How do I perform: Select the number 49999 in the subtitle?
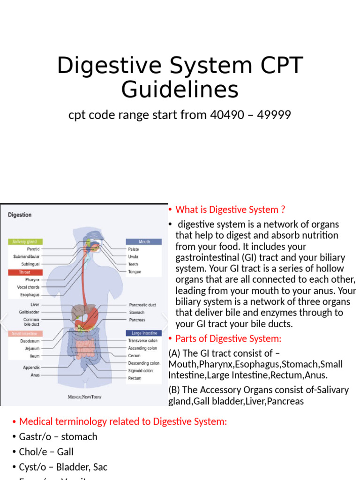coord(274,115)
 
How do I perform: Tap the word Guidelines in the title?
coord(180,90)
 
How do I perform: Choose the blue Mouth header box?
coord(144,242)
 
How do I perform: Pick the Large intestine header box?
coord(144,333)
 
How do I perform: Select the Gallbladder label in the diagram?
coord(30,312)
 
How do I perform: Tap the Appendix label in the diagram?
coord(31,367)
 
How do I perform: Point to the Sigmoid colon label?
coord(140,370)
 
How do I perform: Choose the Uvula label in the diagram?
coord(133,256)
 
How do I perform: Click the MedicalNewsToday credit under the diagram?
coord(84,397)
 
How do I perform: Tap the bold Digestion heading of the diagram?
coord(20,215)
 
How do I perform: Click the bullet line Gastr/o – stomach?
coord(58,436)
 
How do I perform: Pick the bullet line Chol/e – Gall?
coord(46,452)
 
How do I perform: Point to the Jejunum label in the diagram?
coord(31,348)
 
